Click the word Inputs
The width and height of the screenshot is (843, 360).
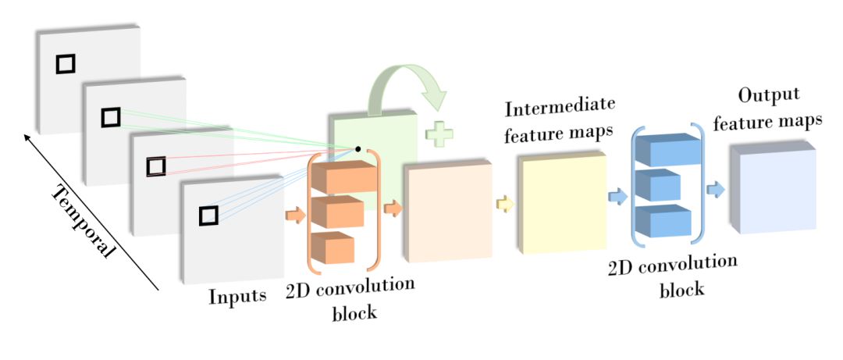click(238, 297)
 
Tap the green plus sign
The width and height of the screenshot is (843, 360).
click(439, 134)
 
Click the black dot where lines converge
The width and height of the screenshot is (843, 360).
click(357, 148)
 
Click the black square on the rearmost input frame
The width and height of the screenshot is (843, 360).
click(65, 64)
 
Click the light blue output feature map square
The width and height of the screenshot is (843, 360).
click(775, 190)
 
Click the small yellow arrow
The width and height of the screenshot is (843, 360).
click(506, 205)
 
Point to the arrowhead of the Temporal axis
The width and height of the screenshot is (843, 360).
click(27, 137)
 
